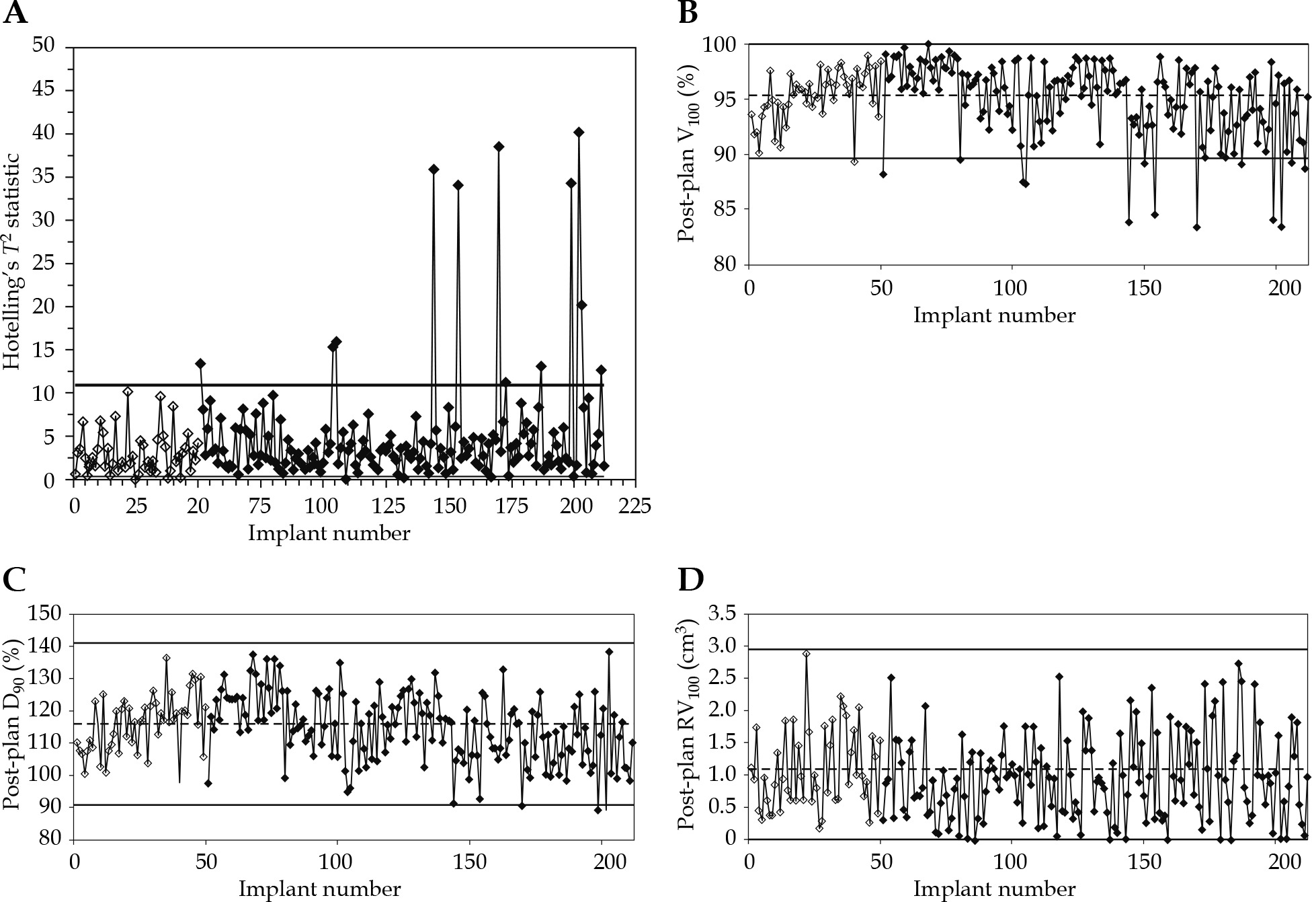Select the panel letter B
(x=687, y=13)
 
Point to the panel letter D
(x=690, y=580)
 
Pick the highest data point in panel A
(x=578, y=133)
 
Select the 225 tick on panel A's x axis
(x=634, y=505)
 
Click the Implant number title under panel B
(x=994, y=315)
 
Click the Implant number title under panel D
(x=994, y=889)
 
